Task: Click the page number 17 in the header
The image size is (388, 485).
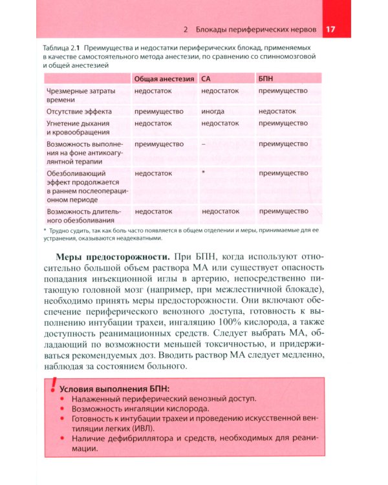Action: pos(330,30)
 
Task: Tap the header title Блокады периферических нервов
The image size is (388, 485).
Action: pos(256,30)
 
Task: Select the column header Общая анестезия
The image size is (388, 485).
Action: pos(164,78)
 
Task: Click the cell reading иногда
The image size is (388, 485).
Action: pos(213,111)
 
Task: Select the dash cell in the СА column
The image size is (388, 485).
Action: pos(204,144)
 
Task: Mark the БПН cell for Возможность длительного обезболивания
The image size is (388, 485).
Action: pos(283,211)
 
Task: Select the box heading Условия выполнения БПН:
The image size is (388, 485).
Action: pos(114,389)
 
